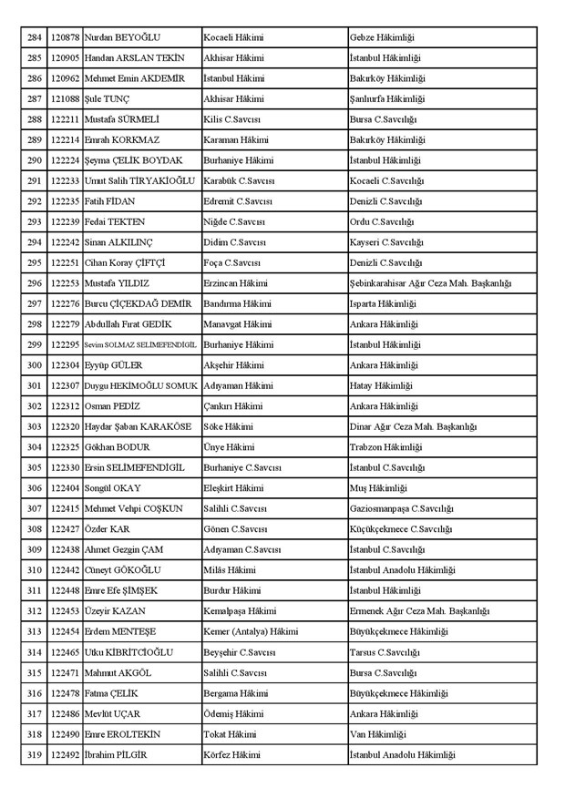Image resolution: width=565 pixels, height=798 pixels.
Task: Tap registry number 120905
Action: click(65, 58)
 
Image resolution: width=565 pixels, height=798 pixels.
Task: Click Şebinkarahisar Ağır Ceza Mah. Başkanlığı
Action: click(430, 283)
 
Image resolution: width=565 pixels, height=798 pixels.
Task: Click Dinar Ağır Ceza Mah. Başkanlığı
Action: click(412, 426)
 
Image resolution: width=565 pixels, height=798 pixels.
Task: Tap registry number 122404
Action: click(65, 487)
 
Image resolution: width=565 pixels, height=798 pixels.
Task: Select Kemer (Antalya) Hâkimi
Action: click(251, 630)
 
